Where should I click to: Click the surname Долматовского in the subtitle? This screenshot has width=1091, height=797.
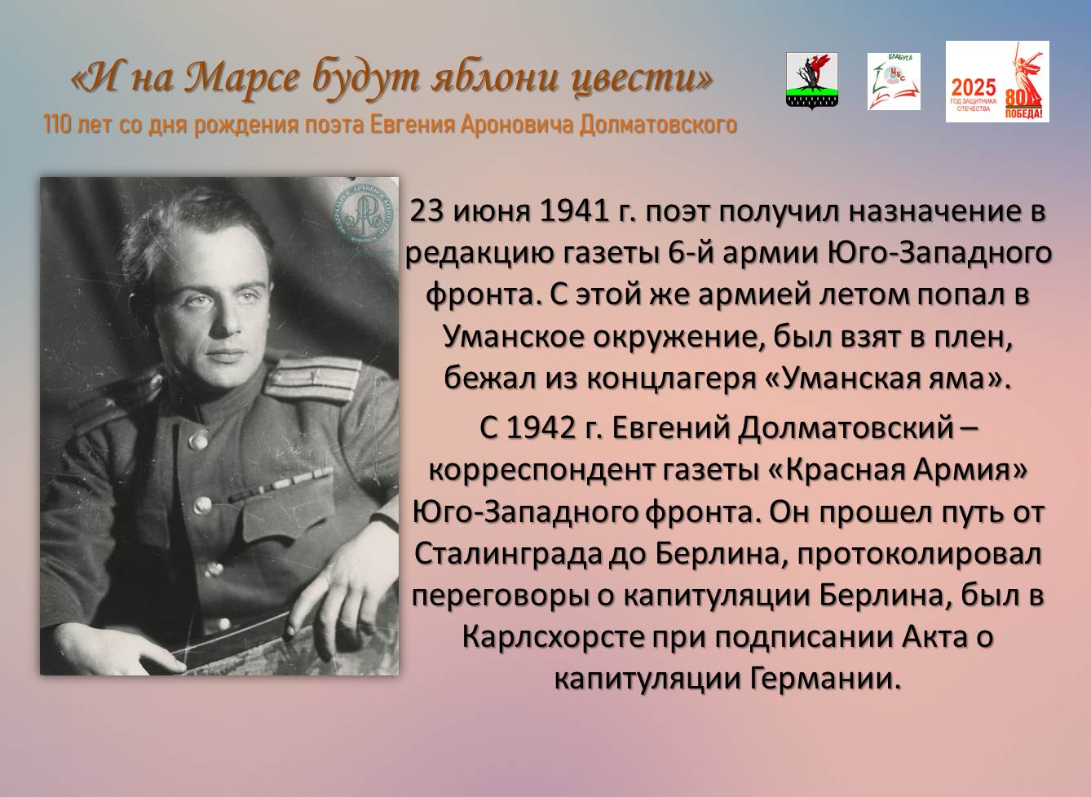click(658, 125)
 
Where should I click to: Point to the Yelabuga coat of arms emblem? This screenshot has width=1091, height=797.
click(812, 81)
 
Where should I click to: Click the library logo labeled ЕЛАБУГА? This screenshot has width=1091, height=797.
click(894, 82)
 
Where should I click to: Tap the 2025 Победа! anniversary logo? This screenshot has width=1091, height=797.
click(997, 82)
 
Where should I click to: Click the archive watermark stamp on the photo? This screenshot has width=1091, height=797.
click(363, 215)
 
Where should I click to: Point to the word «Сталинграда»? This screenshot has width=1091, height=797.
click(507, 556)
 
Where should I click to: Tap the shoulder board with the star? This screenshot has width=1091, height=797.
click(312, 379)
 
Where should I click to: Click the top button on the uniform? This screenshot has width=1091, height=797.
click(198, 441)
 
